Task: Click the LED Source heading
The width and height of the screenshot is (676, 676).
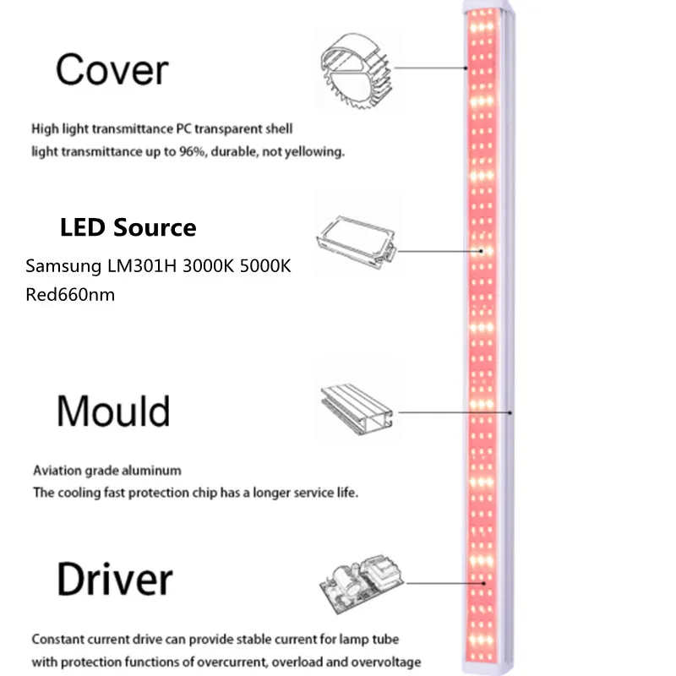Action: [x=128, y=227]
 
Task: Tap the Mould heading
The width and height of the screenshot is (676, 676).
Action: [x=113, y=412]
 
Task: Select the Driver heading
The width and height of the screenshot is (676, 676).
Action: [x=115, y=581]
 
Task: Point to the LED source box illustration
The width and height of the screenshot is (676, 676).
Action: [x=356, y=234]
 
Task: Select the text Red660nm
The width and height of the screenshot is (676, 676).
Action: [x=70, y=295]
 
